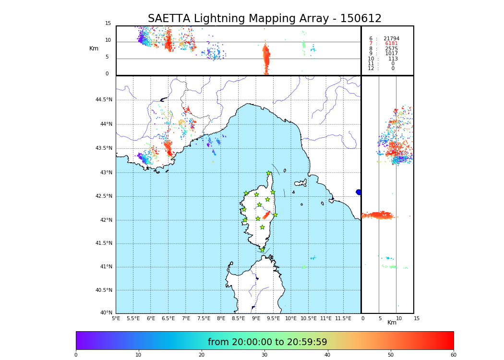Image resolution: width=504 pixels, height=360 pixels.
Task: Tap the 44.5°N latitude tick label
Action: [x=104, y=100]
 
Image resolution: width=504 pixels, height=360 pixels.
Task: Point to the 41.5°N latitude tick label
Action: [x=104, y=243]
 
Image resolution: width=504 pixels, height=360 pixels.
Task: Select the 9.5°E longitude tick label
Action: [x=274, y=318]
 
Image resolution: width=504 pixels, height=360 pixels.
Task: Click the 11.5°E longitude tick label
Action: [x=343, y=318]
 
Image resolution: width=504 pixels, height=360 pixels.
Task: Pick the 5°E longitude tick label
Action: [x=116, y=318]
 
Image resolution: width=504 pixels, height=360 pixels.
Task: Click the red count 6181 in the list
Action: [x=391, y=44]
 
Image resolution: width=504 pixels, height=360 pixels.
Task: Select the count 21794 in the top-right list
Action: [x=391, y=39]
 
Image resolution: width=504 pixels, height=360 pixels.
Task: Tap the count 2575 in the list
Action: [x=391, y=49]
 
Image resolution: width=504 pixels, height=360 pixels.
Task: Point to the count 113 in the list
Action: [x=393, y=59]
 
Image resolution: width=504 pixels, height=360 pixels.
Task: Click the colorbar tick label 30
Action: [x=264, y=355]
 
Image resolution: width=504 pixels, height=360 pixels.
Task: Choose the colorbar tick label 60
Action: [x=453, y=355]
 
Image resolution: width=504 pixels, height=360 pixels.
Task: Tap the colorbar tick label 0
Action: [x=76, y=355]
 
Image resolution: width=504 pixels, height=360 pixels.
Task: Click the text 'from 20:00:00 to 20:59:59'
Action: [x=267, y=342]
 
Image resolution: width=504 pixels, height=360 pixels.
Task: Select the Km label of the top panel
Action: [x=94, y=48]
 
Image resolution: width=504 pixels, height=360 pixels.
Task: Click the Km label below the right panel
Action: [x=392, y=323]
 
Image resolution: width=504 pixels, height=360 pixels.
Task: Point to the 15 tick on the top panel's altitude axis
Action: [x=108, y=24]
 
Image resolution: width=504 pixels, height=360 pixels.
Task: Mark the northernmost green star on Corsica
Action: [x=269, y=173]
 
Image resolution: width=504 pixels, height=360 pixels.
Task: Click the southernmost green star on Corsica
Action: [x=262, y=250]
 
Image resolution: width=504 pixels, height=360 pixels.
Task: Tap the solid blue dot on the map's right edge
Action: [x=359, y=192]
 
